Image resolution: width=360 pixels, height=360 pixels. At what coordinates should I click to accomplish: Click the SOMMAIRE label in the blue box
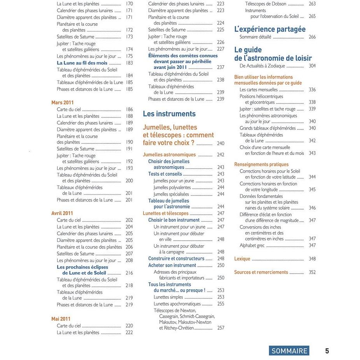coord(289,351)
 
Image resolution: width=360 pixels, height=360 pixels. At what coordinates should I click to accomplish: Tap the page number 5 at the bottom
coord(327,351)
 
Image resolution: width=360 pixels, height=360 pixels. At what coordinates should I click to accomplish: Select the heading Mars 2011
coord(62,103)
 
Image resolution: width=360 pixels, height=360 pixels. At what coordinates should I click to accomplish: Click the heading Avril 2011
coord(62,213)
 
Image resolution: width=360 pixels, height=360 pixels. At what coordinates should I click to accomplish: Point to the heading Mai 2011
coord(61,319)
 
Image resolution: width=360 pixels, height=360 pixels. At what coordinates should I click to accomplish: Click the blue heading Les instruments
coord(169,114)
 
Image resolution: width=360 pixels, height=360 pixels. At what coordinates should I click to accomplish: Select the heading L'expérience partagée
coord(270,29)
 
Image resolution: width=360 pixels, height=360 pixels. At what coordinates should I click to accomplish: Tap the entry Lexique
coord(242,259)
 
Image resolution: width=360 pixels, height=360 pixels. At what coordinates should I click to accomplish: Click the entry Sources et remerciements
coord(261,272)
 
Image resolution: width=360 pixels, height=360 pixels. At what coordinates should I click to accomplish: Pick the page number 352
coord(312,272)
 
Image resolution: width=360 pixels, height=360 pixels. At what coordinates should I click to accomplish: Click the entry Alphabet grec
coord(252,245)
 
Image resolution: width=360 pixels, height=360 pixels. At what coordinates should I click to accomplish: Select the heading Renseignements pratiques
coord(261,164)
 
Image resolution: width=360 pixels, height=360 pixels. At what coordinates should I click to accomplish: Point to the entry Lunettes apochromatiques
coord(177,304)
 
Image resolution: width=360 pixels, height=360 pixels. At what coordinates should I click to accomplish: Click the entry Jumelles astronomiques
coord(169,155)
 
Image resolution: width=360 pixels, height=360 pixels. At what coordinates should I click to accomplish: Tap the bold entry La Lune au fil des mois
coord(82,63)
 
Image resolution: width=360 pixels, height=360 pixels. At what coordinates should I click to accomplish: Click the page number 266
coord(312,37)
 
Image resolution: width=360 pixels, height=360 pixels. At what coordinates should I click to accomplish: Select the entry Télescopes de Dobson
coord(266,4)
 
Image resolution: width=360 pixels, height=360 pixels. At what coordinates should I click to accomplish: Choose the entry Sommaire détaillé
coord(255,37)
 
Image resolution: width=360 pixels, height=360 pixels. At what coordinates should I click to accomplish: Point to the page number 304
coord(312,66)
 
